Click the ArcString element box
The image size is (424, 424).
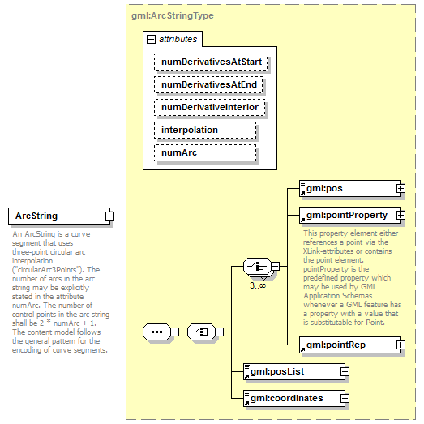pyautogui.click(x=56, y=216)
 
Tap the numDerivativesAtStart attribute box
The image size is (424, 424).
pyautogui.click(x=211, y=61)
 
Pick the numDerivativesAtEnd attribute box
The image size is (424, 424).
pyautogui.click(x=211, y=84)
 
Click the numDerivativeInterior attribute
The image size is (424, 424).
pyautogui.click(x=211, y=107)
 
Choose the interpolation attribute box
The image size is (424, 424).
pyautogui.click(x=204, y=130)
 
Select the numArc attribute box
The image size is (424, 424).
pyautogui.click(x=204, y=152)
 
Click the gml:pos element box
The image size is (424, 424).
pyautogui.click(x=347, y=189)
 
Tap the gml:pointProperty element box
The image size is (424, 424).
pyautogui.click(x=347, y=215)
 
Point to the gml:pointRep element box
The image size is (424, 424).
pyautogui.click(x=347, y=345)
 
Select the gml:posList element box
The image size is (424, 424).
pyautogui.click(x=292, y=371)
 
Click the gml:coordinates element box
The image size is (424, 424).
pyautogui.click(x=292, y=398)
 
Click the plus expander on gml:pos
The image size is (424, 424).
pyautogui.click(x=400, y=189)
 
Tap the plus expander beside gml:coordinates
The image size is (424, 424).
pyautogui.click(x=345, y=398)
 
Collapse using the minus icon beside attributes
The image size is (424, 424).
pyautogui.click(x=150, y=38)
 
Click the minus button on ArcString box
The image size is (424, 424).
pyautogui.click(x=109, y=216)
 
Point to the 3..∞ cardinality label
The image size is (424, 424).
pyautogui.click(x=258, y=285)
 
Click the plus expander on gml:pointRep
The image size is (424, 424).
pyautogui.click(x=400, y=345)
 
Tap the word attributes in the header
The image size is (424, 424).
pyautogui.click(x=177, y=38)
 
